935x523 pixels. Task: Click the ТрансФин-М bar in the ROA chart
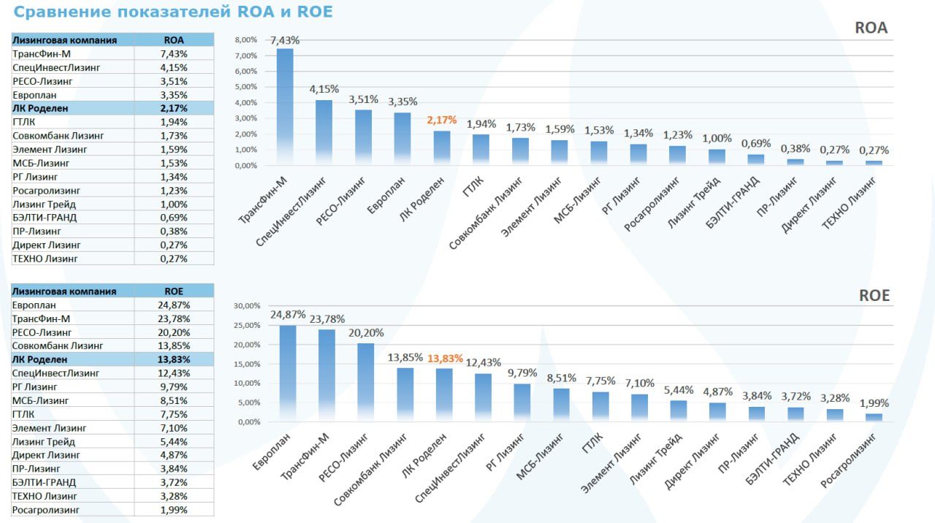[285, 106]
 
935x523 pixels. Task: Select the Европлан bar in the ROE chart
[288, 373]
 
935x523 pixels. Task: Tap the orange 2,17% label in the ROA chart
[442, 120]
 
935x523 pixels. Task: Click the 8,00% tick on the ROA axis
[245, 39]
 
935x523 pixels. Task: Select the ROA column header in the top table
[174, 40]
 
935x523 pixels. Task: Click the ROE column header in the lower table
[174, 291]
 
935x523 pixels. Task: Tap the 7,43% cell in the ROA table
[174, 54]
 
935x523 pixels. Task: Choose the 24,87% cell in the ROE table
[174, 305]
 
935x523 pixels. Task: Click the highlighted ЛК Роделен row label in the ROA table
[40, 108]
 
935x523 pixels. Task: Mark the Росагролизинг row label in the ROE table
[45, 510]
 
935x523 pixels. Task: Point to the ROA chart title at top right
[871, 28]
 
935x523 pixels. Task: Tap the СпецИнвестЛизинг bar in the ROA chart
[324, 132]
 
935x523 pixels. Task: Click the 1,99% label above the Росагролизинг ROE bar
[874, 404]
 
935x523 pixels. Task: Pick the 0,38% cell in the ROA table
[174, 232]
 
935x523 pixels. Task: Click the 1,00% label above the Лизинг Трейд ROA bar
[717, 139]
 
